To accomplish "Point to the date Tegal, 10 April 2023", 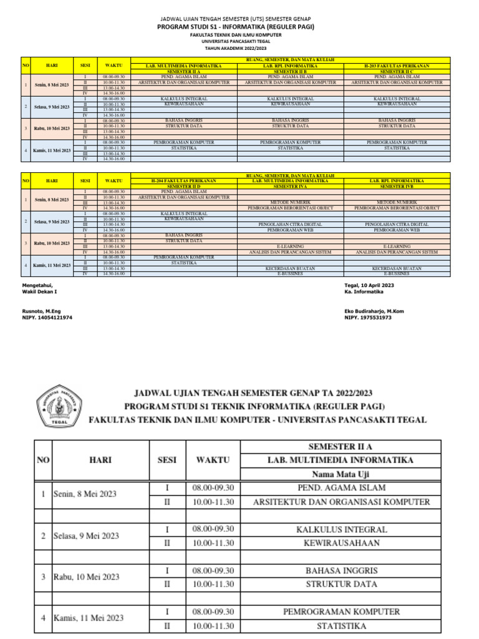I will coord(369,285).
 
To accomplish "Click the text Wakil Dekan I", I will coord(39,291).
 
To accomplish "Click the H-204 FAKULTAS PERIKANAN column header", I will coord(183,180).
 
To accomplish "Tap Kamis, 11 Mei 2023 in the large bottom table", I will coord(88,618).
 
